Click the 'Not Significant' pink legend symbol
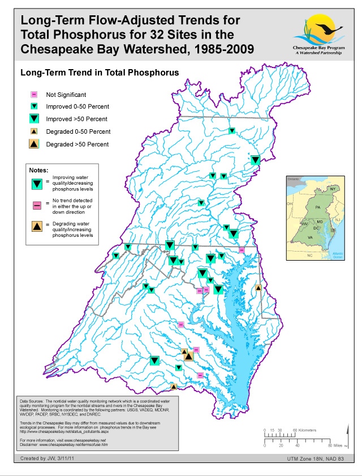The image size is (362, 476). pos(34,95)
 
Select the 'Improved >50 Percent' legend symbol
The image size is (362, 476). pos(34,118)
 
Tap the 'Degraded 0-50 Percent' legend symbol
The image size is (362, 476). pos(34,131)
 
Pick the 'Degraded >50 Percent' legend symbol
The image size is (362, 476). pos(34,144)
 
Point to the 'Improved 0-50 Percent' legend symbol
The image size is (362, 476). pos(34,106)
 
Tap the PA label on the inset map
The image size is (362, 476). pos(317,208)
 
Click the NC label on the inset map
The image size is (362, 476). pos(309,256)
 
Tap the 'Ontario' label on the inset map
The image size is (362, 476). pos(293,178)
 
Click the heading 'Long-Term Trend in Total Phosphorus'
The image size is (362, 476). pos(100,73)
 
